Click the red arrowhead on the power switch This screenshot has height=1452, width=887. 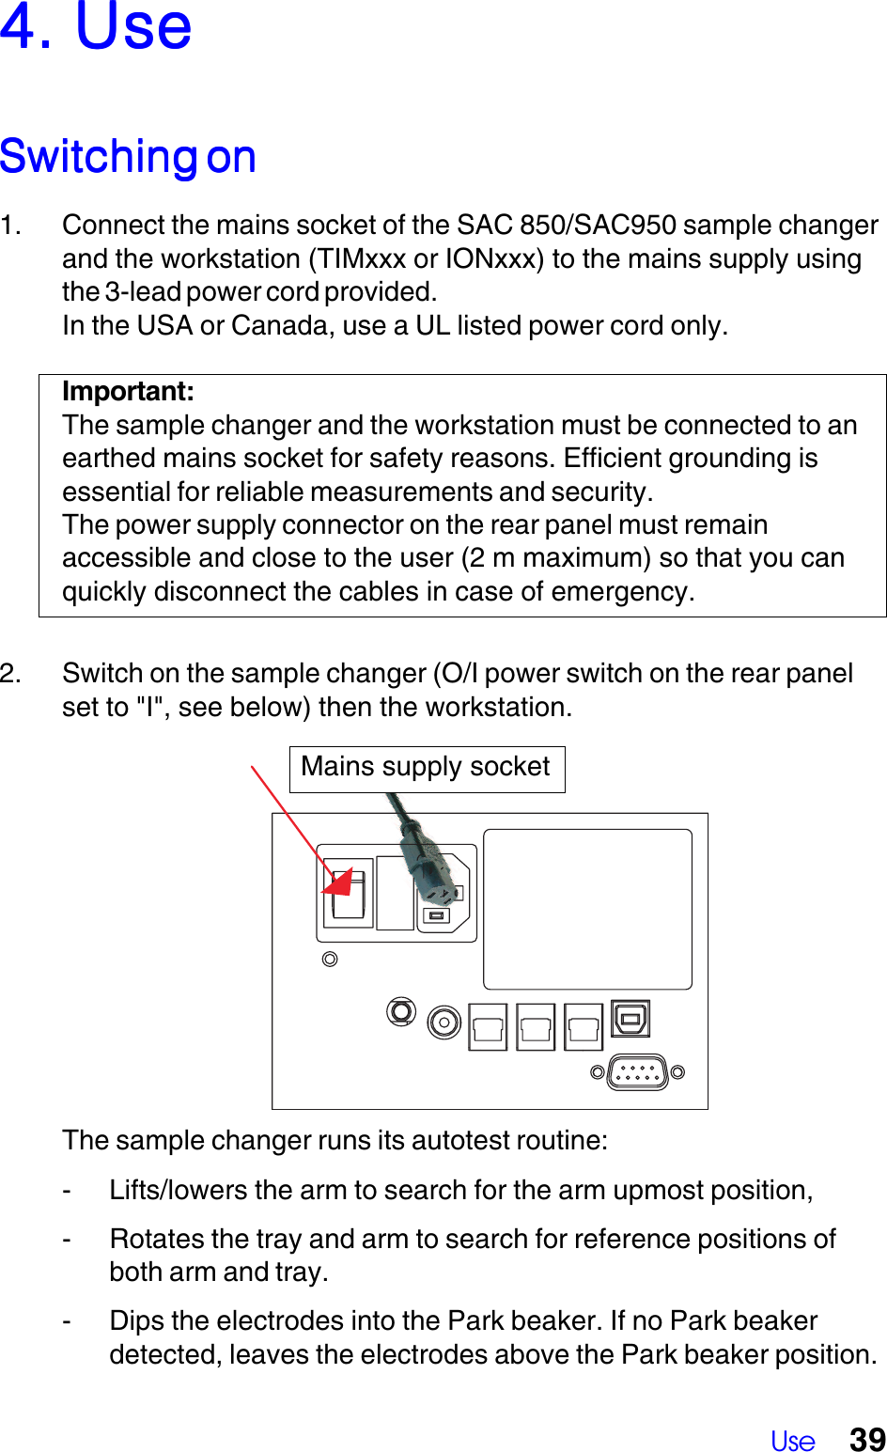[340, 883]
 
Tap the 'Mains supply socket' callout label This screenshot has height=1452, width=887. [426, 768]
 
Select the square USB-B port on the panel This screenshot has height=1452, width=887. [630, 1018]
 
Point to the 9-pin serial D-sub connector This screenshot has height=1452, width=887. [637, 1071]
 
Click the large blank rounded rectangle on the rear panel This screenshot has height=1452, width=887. [587, 909]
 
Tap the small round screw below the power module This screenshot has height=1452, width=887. [330, 960]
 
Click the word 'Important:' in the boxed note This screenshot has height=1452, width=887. [129, 392]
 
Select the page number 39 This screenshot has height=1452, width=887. [867, 1439]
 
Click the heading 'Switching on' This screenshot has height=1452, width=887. [129, 157]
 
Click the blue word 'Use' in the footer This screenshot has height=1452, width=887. [792, 1441]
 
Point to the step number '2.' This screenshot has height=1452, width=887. [11, 674]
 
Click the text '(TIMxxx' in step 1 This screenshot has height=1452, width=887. [358, 259]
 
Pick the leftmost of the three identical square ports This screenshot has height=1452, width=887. [489, 1026]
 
